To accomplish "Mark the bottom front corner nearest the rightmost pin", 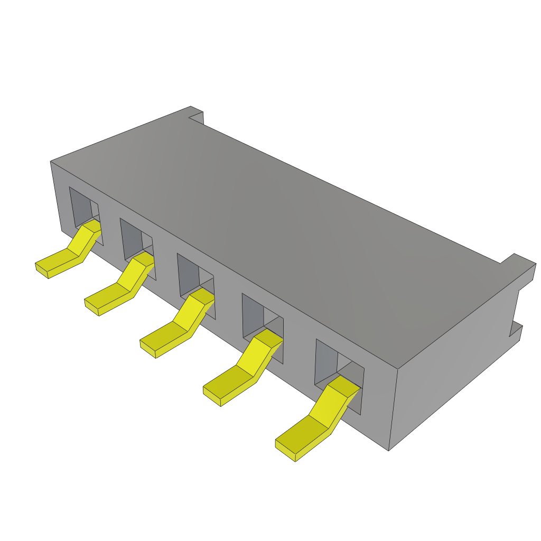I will [x=389, y=449].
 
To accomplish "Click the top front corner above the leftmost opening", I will [x=51, y=162].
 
